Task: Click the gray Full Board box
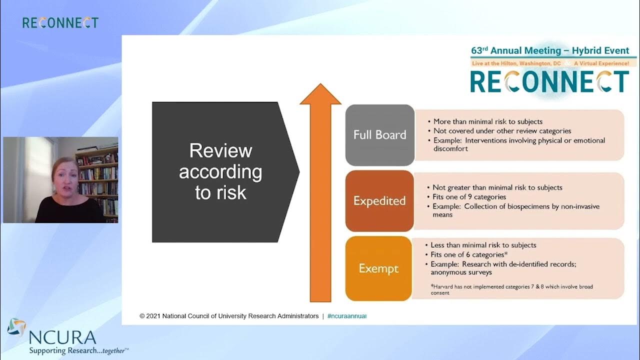(379, 135)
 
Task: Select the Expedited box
(379, 201)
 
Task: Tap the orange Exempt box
(378, 269)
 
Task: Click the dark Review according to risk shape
(220, 172)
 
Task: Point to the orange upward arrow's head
(320, 95)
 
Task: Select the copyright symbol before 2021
(142, 316)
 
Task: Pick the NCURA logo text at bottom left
(62, 336)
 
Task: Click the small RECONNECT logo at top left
(60, 22)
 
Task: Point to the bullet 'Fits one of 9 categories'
(469, 197)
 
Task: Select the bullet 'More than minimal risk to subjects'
(487, 121)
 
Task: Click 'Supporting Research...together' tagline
(78, 350)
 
